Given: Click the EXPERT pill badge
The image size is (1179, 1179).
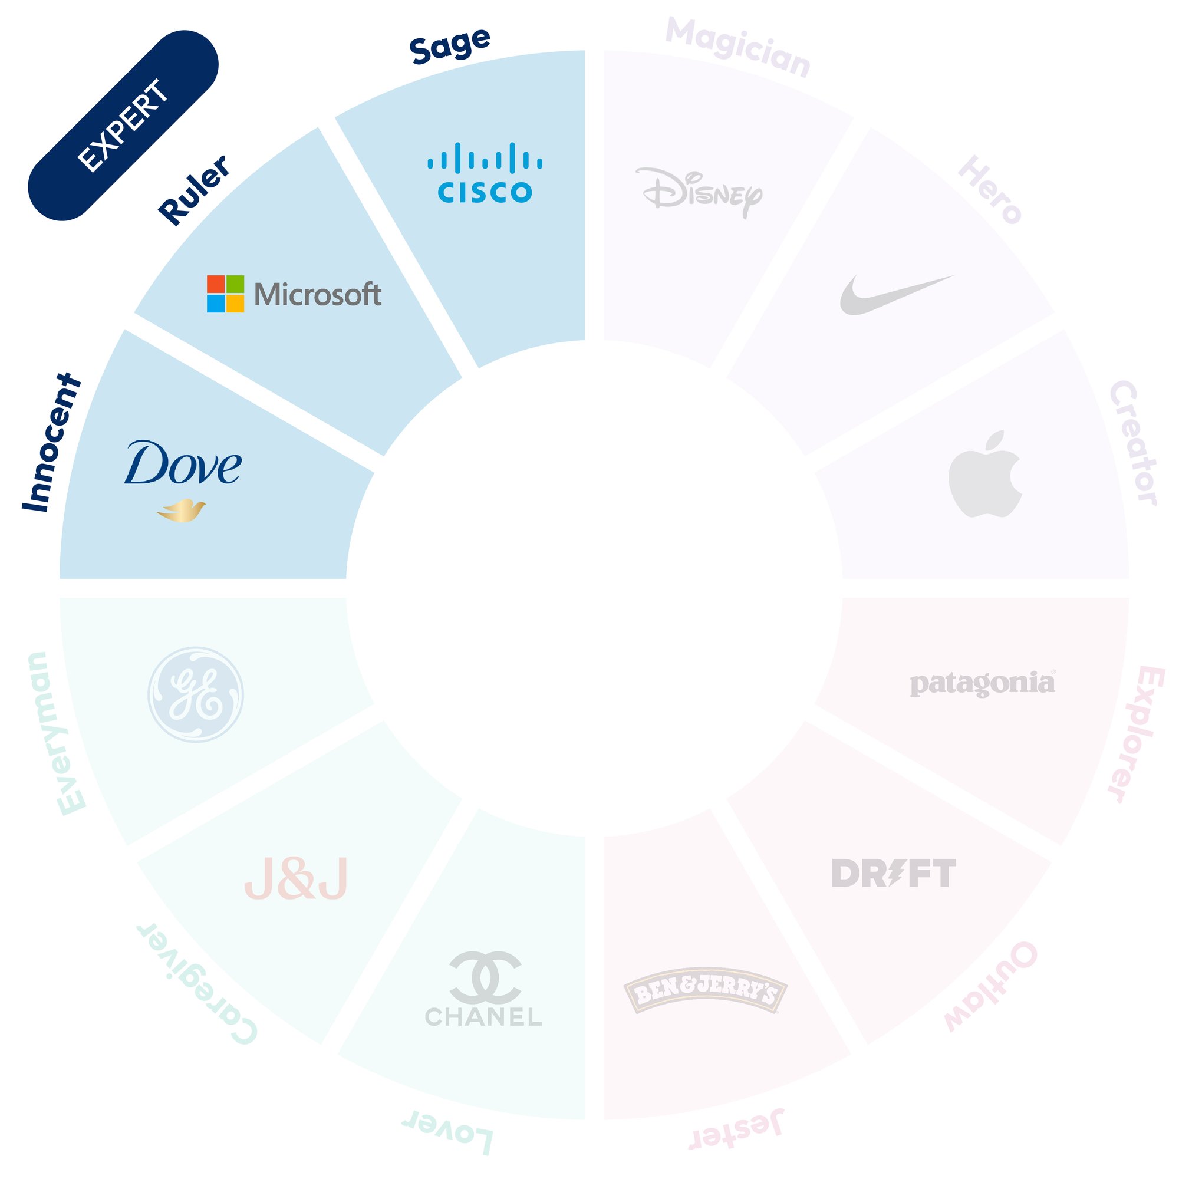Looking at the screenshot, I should pyautogui.click(x=123, y=126).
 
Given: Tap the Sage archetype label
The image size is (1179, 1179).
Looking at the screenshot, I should pyautogui.click(x=450, y=46).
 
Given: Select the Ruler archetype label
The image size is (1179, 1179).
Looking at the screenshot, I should pyautogui.click(x=194, y=190).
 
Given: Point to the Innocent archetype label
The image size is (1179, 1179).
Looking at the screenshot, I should pyautogui.click(x=51, y=443).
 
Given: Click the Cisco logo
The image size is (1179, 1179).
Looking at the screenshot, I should pyautogui.click(x=485, y=173).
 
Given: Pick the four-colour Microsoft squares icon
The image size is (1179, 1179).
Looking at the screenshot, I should pyautogui.click(x=225, y=294).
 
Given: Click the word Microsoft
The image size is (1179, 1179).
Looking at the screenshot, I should pyautogui.click(x=318, y=295).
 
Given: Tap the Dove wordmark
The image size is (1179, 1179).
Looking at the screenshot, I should pyautogui.click(x=183, y=463).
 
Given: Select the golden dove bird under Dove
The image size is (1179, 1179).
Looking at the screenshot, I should pyautogui.click(x=181, y=511).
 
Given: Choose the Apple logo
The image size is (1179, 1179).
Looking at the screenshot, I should pyautogui.click(x=985, y=474).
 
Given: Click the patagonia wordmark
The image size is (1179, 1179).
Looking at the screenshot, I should pyautogui.click(x=983, y=683).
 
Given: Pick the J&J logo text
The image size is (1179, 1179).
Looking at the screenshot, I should pyautogui.click(x=296, y=880).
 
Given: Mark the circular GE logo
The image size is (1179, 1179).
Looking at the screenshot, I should pyautogui.click(x=196, y=694).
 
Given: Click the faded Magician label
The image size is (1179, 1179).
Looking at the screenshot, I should pyautogui.click(x=738, y=48).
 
